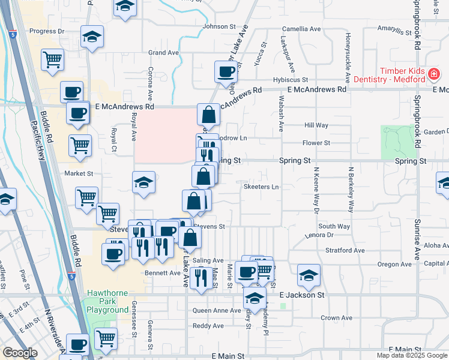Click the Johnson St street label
click(219, 26)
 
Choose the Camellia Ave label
click(303, 29)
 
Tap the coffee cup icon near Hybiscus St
click(226, 72)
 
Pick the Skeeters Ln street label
click(261, 187)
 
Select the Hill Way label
click(316, 125)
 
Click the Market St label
click(79, 173)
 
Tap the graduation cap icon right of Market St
click(144, 182)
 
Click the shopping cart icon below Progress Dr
click(53, 59)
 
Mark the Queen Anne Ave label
click(217, 311)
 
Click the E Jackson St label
click(302, 295)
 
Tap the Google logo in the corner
click(20, 353)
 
